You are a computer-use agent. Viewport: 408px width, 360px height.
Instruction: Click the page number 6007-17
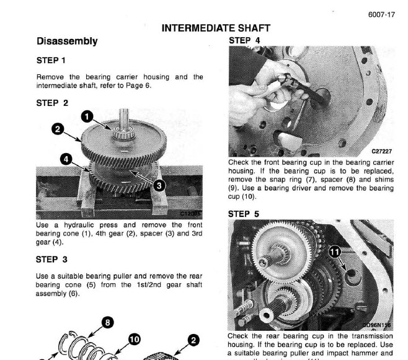coord(382,15)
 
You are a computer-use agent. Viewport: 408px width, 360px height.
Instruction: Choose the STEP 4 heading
coord(245,40)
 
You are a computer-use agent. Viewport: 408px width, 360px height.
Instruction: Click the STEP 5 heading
coord(245,213)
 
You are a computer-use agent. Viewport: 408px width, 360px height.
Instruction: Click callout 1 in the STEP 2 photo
coord(87,116)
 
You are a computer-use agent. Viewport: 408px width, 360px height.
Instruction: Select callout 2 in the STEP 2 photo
coord(57,129)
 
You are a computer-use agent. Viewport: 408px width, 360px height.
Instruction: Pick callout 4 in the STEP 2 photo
coord(65,159)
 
